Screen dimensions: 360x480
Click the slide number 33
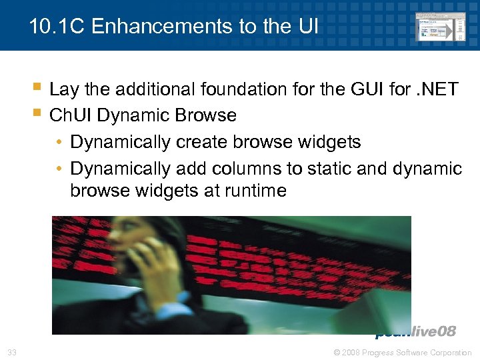[x=12, y=352]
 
